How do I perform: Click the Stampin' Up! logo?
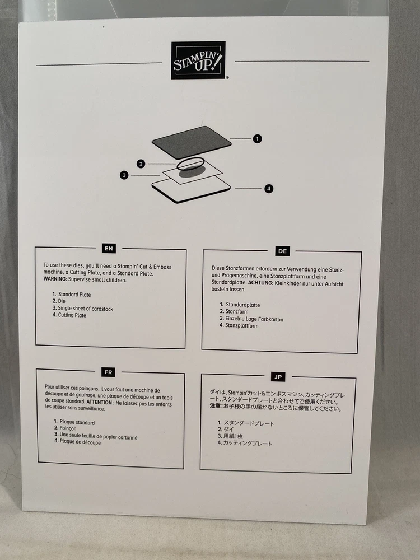click(x=199, y=60)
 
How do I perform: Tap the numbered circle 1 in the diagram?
click(x=257, y=138)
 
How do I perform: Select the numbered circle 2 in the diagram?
click(x=141, y=164)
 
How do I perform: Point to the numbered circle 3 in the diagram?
click(x=124, y=175)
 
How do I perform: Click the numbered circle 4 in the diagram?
click(x=269, y=189)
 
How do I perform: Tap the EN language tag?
click(x=109, y=248)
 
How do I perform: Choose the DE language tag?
click(x=282, y=251)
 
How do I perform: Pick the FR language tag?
click(x=108, y=372)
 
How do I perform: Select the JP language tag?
click(x=278, y=377)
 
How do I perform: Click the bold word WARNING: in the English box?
click(x=55, y=279)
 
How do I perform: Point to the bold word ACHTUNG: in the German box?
click(x=261, y=283)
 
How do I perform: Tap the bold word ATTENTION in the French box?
click(x=99, y=402)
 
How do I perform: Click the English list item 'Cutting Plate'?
click(x=72, y=315)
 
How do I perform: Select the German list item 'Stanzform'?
click(x=237, y=311)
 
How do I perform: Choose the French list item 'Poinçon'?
click(x=68, y=428)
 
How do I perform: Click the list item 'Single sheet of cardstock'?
click(x=85, y=309)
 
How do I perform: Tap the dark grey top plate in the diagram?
click(x=192, y=142)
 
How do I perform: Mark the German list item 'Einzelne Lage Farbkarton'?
click(x=254, y=319)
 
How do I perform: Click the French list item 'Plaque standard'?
click(x=77, y=422)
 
